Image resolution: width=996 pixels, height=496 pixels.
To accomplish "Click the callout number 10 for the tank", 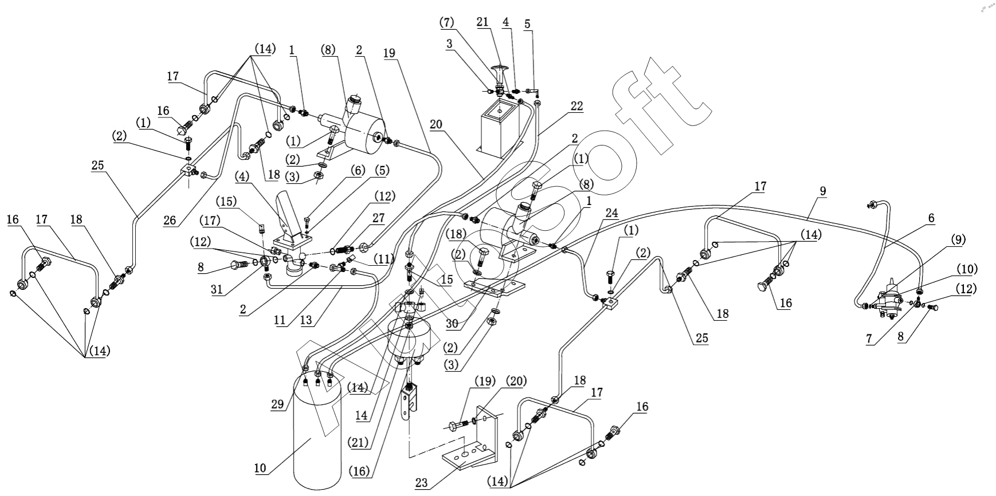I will (260, 468).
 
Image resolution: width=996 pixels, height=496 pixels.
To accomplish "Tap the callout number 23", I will (421, 482).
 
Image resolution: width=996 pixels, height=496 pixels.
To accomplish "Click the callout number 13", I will (307, 320).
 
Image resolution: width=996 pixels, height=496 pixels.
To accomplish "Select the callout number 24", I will (611, 214).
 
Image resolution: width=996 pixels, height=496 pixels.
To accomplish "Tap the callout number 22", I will (577, 106).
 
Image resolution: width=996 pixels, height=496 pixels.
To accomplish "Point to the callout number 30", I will (452, 323).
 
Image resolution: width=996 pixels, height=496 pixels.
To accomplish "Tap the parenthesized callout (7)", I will (446, 22).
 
